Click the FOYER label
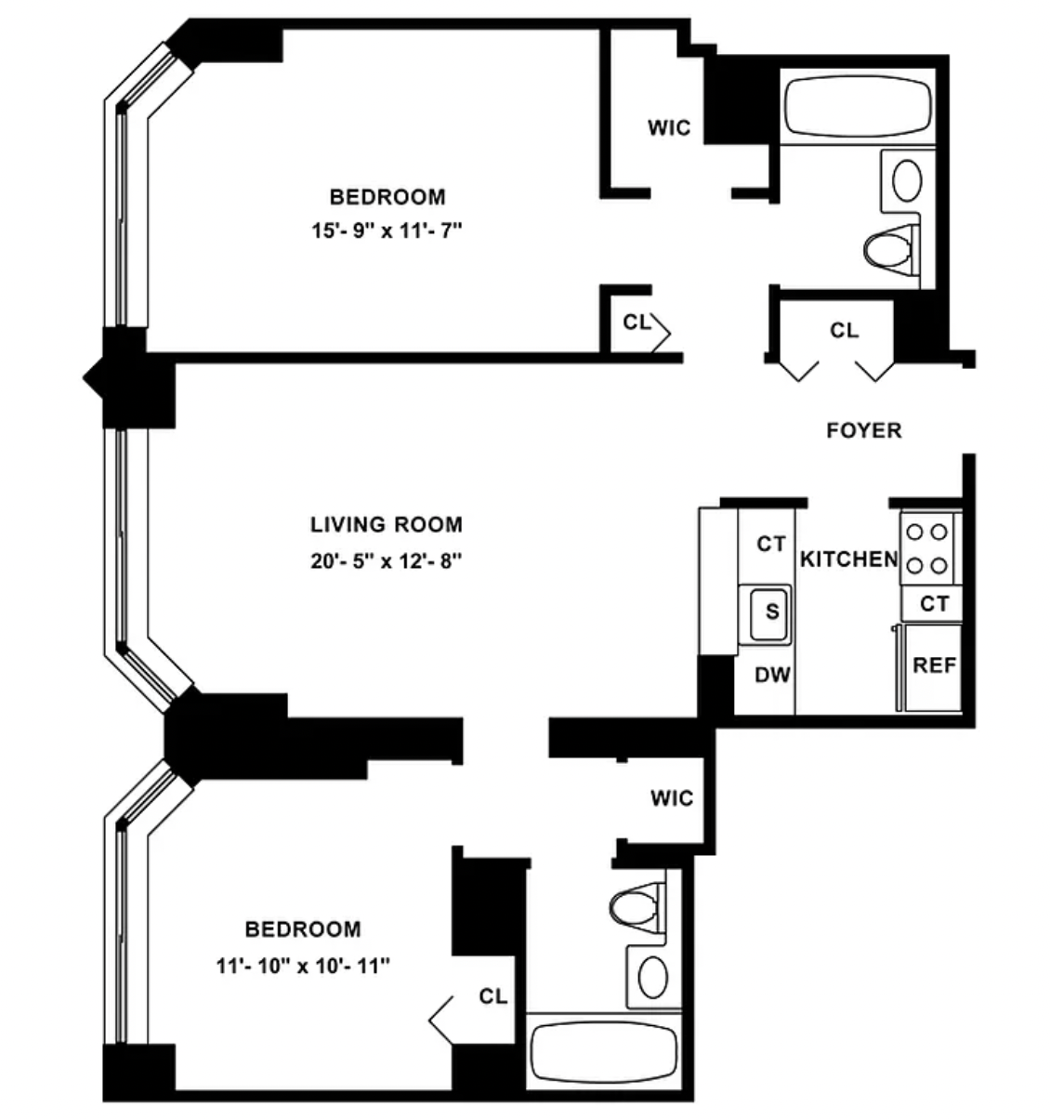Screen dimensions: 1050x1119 point(863,430)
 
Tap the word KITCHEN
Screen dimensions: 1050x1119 point(848,559)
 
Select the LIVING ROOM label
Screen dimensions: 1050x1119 point(386,524)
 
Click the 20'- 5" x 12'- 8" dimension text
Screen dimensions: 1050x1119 point(386,561)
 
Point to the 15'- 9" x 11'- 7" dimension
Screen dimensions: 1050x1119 point(387,230)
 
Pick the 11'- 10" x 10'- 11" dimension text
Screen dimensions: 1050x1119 point(303,966)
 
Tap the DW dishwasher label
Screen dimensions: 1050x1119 point(772,675)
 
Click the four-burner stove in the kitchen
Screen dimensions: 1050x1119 point(927,547)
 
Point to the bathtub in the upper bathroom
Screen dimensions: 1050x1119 point(858,107)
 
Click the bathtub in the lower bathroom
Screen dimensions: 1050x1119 point(604,1053)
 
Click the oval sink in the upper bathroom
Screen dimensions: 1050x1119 point(908,180)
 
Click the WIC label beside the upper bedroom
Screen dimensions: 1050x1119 point(669,128)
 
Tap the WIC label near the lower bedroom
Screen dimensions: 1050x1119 point(671,798)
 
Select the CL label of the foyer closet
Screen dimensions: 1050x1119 point(845,330)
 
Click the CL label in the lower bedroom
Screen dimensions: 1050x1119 point(493,996)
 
